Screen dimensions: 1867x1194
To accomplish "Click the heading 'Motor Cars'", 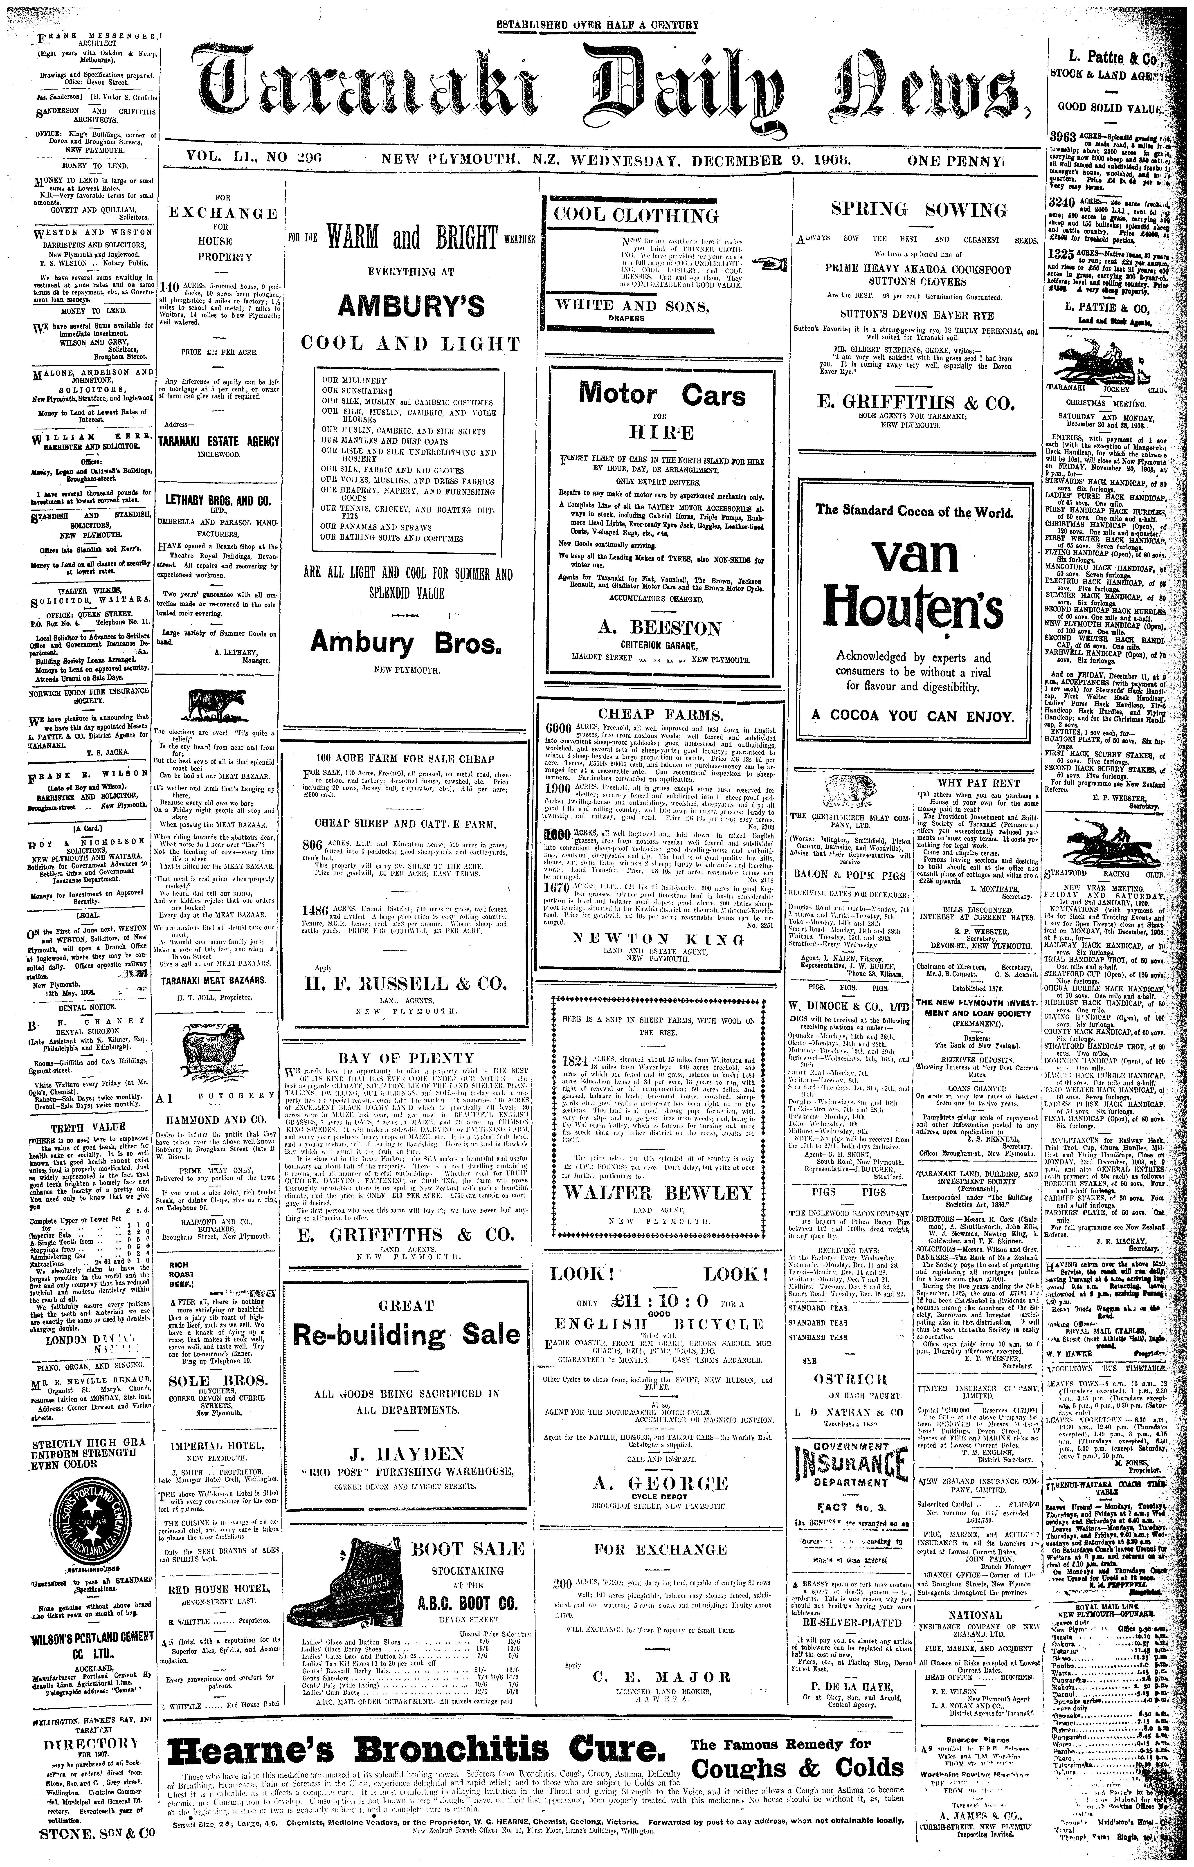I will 662,395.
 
